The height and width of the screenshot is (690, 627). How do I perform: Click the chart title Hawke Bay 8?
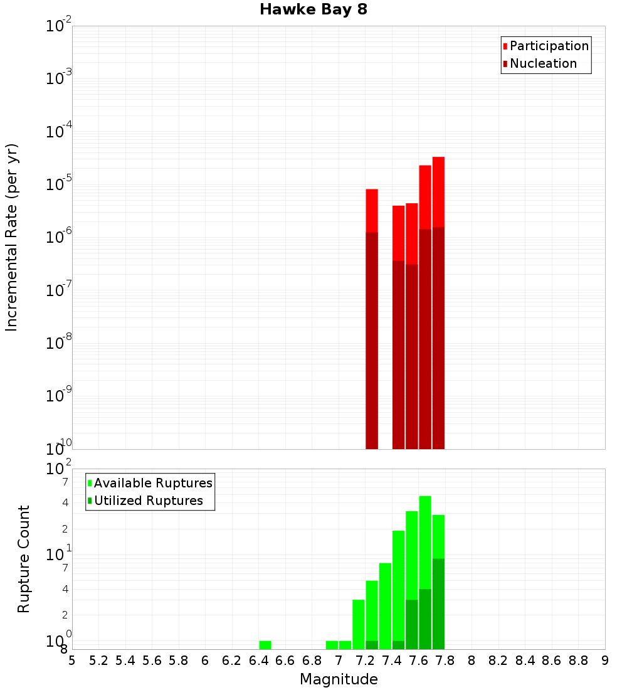pos(313,10)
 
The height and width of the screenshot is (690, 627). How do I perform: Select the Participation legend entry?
pos(549,46)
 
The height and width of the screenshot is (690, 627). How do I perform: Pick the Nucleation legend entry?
pos(543,64)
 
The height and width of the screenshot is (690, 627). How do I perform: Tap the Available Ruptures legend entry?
pos(153,484)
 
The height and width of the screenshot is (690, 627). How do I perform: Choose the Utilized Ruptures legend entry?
pos(149,501)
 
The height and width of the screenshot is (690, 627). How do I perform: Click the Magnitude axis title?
pos(339,679)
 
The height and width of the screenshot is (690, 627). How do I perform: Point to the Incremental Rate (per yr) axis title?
pos(12,237)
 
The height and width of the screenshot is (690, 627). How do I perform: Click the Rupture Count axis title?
pos(24,559)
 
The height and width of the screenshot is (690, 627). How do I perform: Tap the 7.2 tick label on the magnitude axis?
pos(365,661)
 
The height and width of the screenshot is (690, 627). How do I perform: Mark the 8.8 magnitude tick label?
pos(578,661)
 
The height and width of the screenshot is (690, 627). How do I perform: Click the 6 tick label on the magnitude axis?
pos(205,661)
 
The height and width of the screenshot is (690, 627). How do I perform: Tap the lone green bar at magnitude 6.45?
pos(265,645)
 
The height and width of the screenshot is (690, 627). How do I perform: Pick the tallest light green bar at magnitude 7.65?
pos(425,539)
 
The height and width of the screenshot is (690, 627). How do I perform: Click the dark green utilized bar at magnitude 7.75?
pos(438,602)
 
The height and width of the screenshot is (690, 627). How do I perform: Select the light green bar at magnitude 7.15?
pos(359,624)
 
